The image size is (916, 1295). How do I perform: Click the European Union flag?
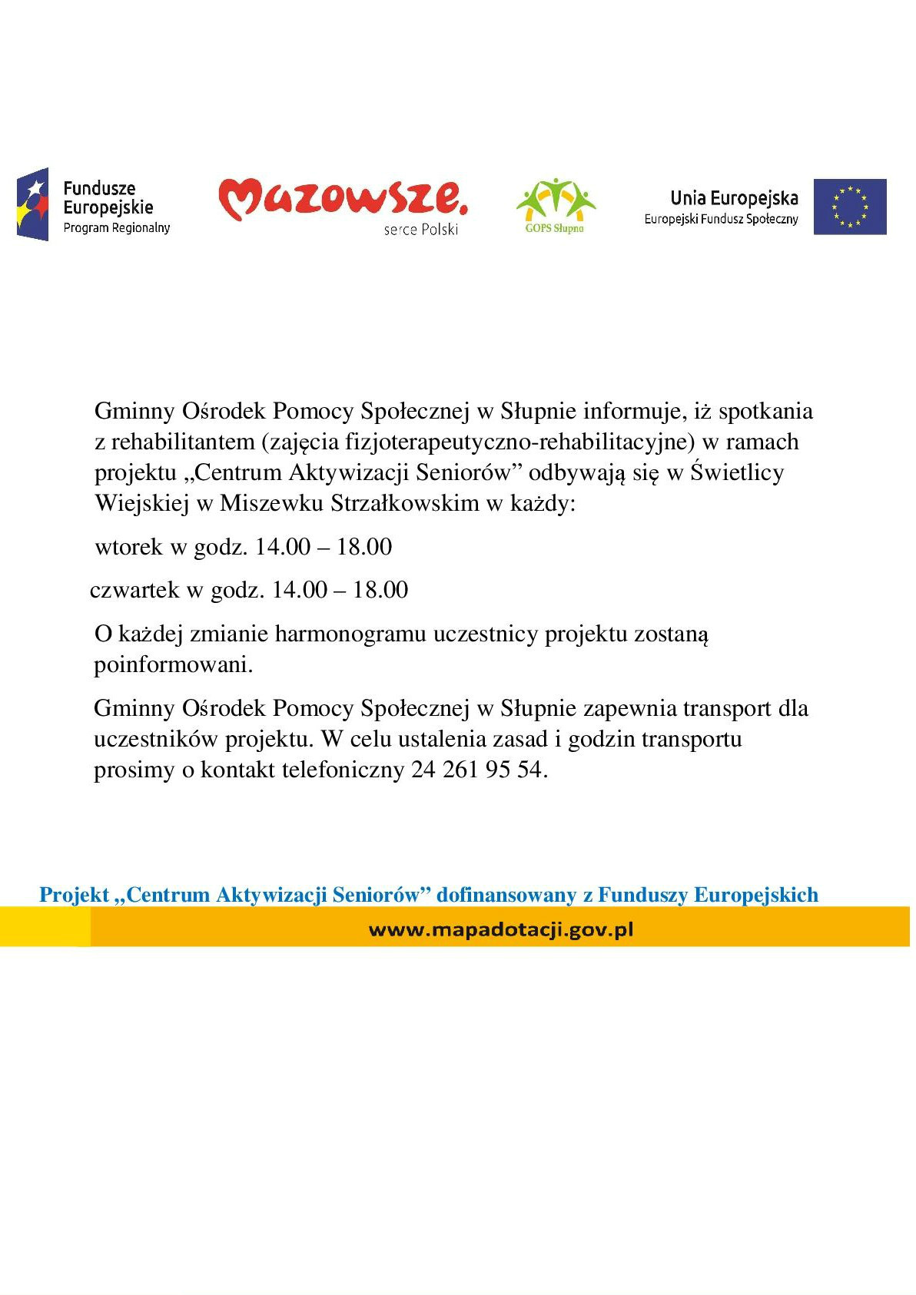(849, 207)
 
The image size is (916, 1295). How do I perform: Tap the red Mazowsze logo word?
(342, 199)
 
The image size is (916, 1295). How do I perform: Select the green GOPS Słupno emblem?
(555, 204)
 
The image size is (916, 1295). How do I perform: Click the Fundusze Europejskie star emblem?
(32, 204)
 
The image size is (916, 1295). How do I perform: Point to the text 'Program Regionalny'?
(116, 228)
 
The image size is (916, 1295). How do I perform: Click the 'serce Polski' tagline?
(420, 230)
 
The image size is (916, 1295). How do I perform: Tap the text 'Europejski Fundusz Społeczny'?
(721, 220)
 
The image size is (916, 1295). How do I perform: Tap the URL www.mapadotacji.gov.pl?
(501, 930)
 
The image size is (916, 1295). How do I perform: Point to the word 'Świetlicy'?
(736, 472)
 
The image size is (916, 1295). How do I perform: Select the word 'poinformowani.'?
(173, 664)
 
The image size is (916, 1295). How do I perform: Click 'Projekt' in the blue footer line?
(75, 896)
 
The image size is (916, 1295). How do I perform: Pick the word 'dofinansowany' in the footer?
(506, 896)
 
